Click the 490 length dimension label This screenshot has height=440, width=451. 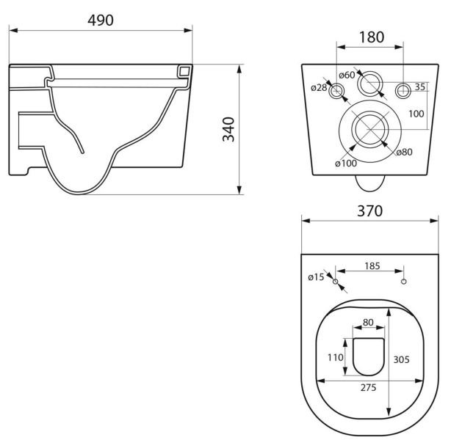(101, 20)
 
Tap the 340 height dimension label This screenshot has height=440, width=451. (229, 129)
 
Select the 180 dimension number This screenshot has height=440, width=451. (372, 37)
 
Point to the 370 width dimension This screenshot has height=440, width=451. (370, 210)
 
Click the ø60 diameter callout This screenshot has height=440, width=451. (347, 76)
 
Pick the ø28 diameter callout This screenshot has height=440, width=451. (319, 87)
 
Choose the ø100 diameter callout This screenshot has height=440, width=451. (346, 164)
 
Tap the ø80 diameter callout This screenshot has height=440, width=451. (405, 152)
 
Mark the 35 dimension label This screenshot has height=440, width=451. (420, 87)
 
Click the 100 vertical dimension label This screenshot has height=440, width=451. (416, 114)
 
